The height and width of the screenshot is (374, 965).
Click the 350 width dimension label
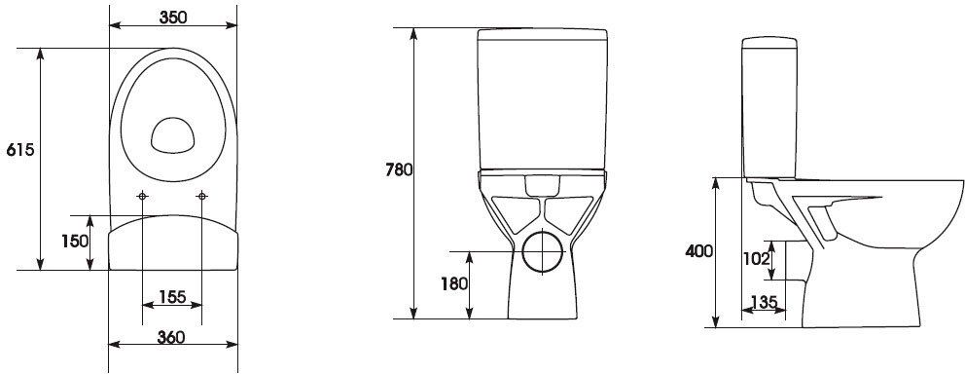pyautogui.click(x=173, y=17)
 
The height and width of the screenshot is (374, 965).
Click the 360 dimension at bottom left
pyautogui.click(x=172, y=337)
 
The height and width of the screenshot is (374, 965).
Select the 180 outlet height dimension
pyautogui.click(x=453, y=283)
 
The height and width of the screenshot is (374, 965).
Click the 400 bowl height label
pyautogui.click(x=697, y=250)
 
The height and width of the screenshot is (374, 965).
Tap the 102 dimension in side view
pyautogui.click(x=758, y=259)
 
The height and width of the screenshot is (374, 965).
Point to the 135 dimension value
pyautogui.click(x=764, y=303)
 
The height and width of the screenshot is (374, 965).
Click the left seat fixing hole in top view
pyautogui.click(x=143, y=197)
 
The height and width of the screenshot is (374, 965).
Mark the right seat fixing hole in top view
pyautogui.click(x=202, y=197)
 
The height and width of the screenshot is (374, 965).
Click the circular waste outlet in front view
pyautogui.click(x=543, y=251)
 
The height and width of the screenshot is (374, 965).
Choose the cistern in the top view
pyautogui.click(x=172, y=243)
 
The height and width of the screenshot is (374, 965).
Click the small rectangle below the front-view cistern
pyautogui.click(x=541, y=183)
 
